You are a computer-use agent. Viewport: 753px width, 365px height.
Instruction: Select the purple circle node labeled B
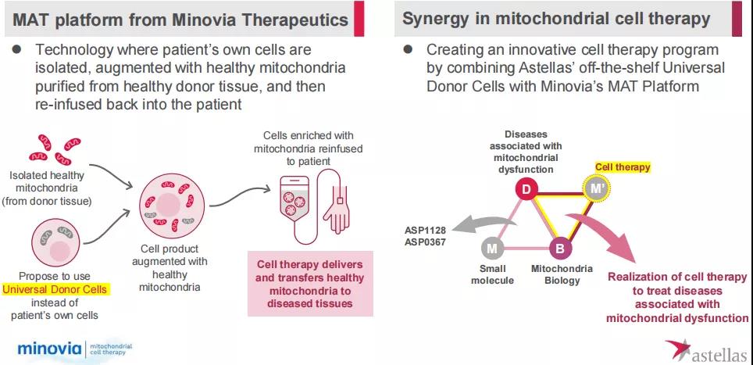pos(559,249)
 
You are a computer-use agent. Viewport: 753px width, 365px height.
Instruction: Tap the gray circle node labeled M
pos(492,249)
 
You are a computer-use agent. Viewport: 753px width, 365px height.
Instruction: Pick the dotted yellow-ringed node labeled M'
pos(596,188)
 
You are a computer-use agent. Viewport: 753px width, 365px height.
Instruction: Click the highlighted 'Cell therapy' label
pos(623,166)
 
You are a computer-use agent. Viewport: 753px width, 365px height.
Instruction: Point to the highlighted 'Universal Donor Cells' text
pos(55,289)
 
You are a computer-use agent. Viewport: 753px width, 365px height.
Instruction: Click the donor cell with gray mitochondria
pos(54,243)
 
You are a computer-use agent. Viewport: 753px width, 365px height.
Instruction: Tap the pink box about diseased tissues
pos(310,283)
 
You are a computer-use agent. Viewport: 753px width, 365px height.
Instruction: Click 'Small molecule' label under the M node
pos(492,274)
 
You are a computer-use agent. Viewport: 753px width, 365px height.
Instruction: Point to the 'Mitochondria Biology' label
pos(561,274)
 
